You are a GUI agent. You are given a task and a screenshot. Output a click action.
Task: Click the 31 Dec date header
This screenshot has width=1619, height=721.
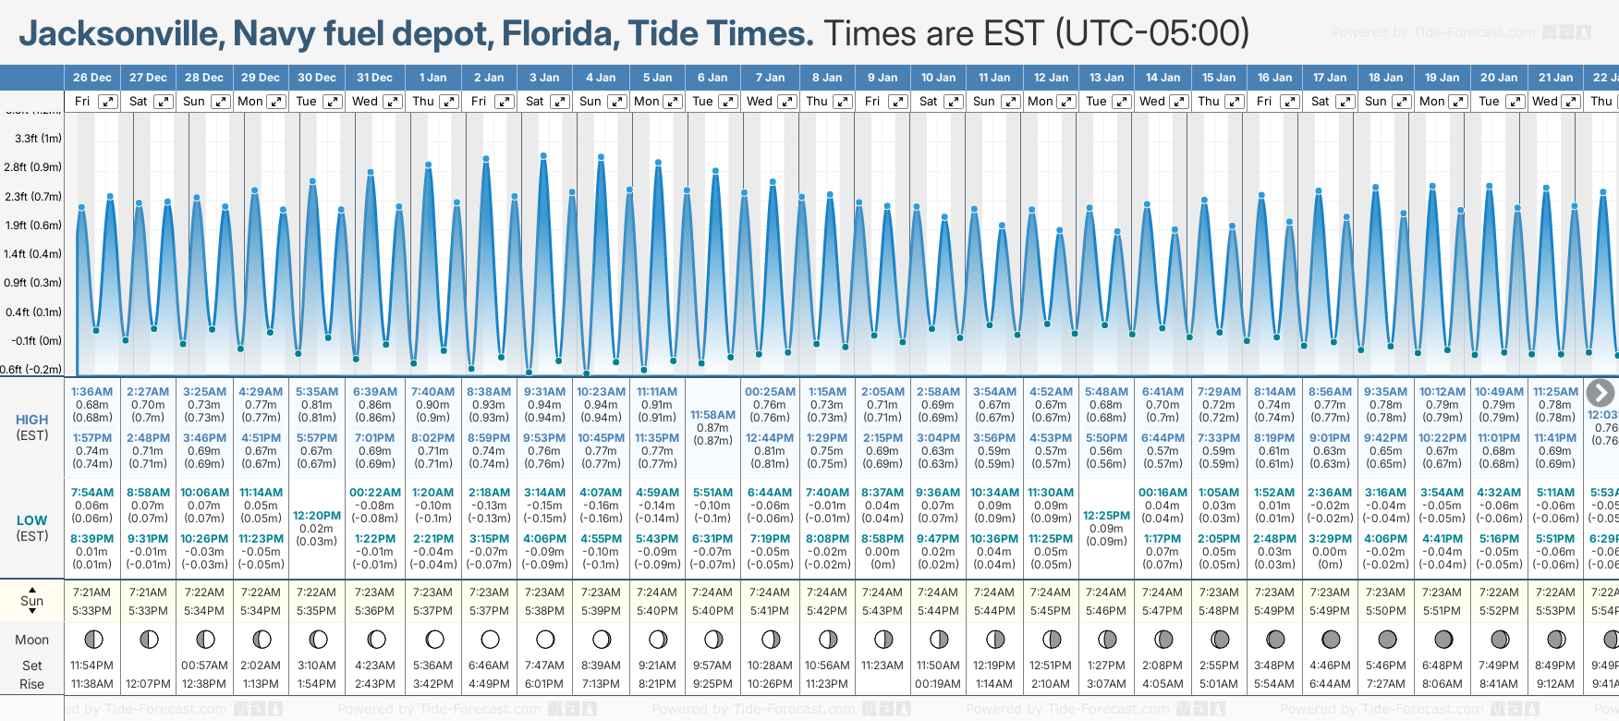coord(374,78)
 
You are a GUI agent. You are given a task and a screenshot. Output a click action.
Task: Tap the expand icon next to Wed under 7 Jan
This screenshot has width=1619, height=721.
coord(787,102)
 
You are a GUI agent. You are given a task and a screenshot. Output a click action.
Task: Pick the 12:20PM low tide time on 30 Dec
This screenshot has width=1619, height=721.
coord(317,516)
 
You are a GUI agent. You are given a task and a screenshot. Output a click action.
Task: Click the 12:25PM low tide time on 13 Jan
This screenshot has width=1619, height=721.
coord(1106,516)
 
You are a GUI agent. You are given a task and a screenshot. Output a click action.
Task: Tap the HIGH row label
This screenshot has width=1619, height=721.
coord(32,420)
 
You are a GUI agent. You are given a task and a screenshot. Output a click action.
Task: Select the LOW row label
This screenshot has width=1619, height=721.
coord(32,520)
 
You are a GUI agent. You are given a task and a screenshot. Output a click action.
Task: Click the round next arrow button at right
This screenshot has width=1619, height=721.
coord(1600,393)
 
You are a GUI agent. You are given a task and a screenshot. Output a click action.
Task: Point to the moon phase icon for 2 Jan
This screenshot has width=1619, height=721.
coord(490,639)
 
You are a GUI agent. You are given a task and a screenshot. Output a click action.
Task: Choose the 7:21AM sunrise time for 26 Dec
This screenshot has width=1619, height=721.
coord(91,593)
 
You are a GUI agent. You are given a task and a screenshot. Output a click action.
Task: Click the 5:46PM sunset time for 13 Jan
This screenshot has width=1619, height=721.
coord(1106,611)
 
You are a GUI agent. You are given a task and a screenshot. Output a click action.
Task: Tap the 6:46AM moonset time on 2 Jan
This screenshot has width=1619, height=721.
coord(489,666)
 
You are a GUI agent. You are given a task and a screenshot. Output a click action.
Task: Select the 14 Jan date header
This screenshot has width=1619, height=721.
coord(1163,78)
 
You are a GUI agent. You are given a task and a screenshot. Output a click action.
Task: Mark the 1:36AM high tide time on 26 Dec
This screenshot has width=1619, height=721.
coord(91,392)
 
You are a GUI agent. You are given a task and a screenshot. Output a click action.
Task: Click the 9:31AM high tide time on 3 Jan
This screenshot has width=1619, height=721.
coord(544,392)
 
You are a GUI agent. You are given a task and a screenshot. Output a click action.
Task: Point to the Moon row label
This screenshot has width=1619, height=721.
coord(32,640)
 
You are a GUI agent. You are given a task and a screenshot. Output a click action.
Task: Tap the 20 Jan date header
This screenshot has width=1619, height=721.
coord(1499,78)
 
